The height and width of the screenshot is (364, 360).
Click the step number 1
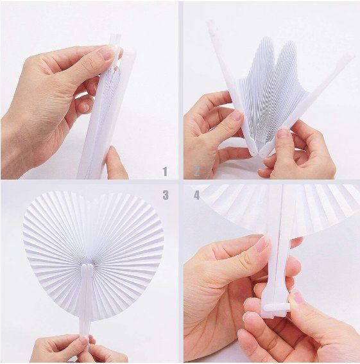(165, 171)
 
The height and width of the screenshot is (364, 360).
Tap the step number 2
(196, 171)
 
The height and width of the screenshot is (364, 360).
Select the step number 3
(166, 195)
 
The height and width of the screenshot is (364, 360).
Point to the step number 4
(196, 195)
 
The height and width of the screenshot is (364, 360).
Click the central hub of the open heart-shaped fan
(88, 265)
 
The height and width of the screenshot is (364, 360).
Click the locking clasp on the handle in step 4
(276, 308)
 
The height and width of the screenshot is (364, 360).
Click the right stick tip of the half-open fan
(348, 57)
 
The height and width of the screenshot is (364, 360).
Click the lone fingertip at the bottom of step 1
(116, 160)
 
